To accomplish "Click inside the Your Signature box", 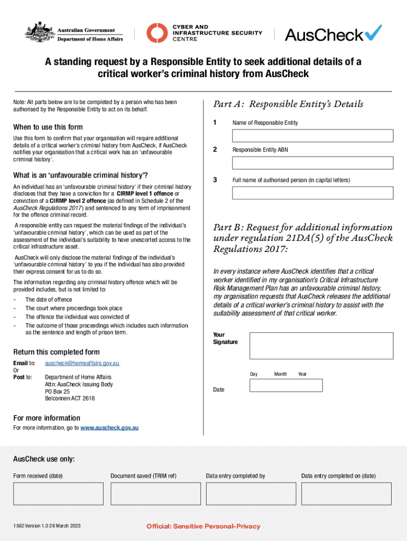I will tap(321, 346).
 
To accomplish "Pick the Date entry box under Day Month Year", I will tap(285, 385).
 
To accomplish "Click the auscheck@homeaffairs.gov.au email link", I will tap(82, 363).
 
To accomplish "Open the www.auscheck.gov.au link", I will tap(109, 427).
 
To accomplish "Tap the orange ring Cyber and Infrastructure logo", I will tap(156, 33).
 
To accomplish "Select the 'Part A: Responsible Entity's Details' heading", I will tap(288, 104).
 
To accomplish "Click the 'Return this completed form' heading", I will tap(56, 352).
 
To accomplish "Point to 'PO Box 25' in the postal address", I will tap(58, 392).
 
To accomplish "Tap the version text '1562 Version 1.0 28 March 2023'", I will tap(48, 526).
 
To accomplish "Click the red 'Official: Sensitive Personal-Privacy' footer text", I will tap(203, 526).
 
